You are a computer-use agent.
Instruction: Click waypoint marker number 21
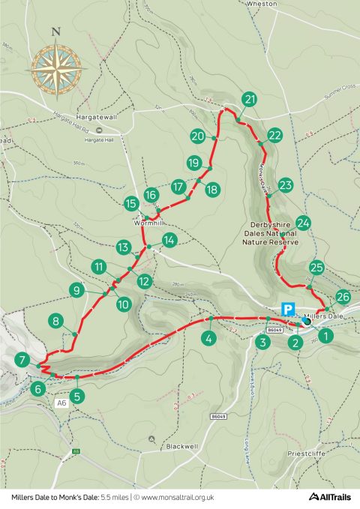point(250,99)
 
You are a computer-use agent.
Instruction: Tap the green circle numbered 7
point(24,359)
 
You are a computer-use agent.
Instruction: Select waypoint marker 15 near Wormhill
point(131,203)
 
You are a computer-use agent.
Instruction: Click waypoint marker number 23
point(285,185)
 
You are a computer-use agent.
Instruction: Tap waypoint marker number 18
point(211,189)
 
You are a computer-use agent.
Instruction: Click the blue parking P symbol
point(286,308)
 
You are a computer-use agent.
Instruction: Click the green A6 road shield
point(61,403)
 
